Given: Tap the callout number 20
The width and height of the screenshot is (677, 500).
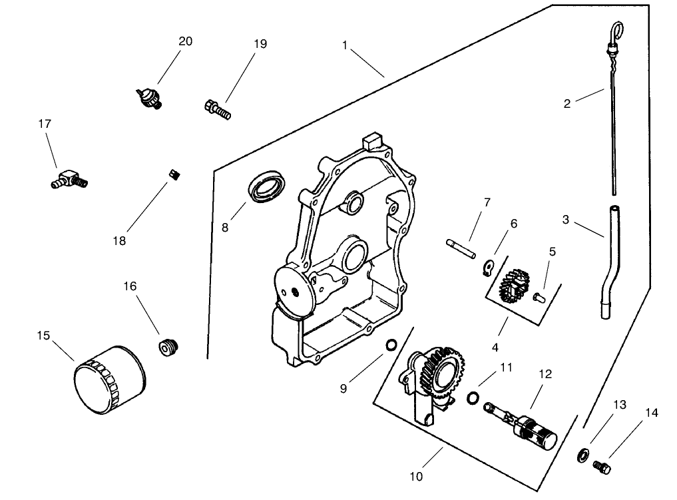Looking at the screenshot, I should point(185,41).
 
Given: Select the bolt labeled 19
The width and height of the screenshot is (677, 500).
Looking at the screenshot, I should point(216,109).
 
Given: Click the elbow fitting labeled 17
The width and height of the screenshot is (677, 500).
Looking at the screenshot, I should point(69,178).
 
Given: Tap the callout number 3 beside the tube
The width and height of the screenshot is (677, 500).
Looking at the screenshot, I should point(565,219).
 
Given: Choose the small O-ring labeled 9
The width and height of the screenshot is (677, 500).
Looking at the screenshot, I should point(392,344).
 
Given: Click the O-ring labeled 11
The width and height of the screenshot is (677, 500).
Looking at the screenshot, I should point(473,397).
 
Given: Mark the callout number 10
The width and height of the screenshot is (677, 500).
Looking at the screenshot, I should point(416,477).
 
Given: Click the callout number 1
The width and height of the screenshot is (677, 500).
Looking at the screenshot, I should point(345,45).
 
